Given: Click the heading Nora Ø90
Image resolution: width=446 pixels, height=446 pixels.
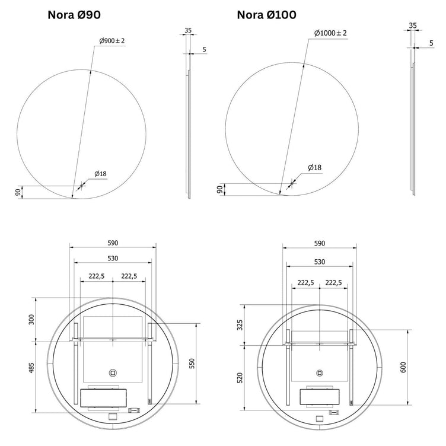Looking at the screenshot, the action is pyautogui.click(x=74, y=15).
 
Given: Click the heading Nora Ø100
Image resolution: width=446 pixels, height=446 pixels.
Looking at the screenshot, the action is pyautogui.click(x=266, y=15).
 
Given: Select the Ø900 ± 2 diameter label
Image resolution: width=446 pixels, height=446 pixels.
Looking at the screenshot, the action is pyautogui.click(x=111, y=41).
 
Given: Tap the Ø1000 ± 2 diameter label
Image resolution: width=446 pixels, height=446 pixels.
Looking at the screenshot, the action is pyautogui.click(x=330, y=33).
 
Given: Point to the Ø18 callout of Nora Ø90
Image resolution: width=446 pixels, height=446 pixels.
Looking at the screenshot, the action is pyautogui.click(x=101, y=174).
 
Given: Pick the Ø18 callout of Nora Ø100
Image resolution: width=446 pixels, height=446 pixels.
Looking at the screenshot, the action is pyautogui.click(x=314, y=167).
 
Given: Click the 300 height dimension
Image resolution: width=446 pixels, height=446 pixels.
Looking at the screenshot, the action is pyautogui.click(x=31, y=320).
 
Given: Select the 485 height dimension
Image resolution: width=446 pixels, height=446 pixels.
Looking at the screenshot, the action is pyautogui.click(x=31, y=368).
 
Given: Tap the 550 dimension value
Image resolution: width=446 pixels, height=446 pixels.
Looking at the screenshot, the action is pyautogui.click(x=192, y=364).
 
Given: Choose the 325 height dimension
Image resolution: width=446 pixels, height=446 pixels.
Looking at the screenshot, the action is pyautogui.click(x=240, y=325).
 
